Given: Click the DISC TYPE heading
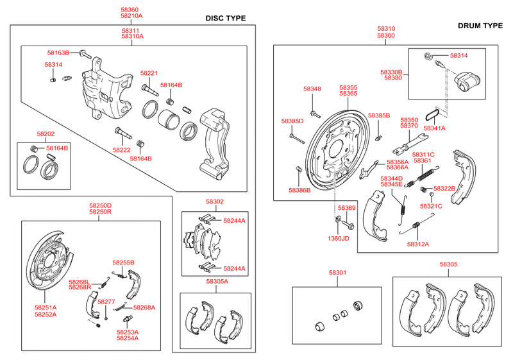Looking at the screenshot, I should coord(225,18).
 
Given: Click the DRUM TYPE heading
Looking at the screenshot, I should coord(480,26).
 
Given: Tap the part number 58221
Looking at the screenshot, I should coord(149,73).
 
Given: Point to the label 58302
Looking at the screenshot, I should coord(215,201).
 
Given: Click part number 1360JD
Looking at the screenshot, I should coord(339,238).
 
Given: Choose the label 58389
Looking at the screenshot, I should coord(347,208).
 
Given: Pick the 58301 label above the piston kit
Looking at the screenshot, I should coord(337,273).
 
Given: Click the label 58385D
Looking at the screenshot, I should coord(292,121).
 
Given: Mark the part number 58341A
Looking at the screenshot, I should coord(434,128).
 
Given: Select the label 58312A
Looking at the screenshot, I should coord(418,244).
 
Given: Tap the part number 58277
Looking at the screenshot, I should coord(106,301).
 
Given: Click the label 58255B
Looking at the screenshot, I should coord(123,262).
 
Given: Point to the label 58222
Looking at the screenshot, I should coord(122,149).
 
